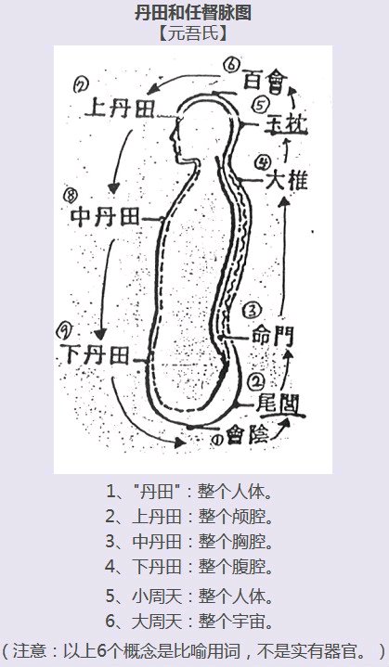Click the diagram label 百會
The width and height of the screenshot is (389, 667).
coord(266,80)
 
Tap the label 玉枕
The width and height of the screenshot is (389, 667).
coord(286,123)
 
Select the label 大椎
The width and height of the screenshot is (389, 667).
coord(287,180)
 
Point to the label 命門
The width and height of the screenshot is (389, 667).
coord(273,337)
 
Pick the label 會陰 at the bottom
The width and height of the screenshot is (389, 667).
coord(248,436)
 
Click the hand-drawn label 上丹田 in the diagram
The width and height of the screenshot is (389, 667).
coord(120,108)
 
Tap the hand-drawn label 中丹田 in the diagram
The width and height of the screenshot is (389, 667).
coord(106,217)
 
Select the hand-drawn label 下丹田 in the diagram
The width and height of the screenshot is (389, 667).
coord(96,354)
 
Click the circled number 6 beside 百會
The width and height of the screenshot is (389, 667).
coord(232,65)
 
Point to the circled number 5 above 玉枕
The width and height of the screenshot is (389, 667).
coord(260,106)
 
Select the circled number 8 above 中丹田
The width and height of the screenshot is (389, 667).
coord(71,195)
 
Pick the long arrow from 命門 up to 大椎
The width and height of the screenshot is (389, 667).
coord(283,257)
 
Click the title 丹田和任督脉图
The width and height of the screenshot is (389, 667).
coord(193,12)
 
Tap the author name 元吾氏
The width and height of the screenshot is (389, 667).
coord(193,33)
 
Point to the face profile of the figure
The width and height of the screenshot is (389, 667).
coord(175,143)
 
